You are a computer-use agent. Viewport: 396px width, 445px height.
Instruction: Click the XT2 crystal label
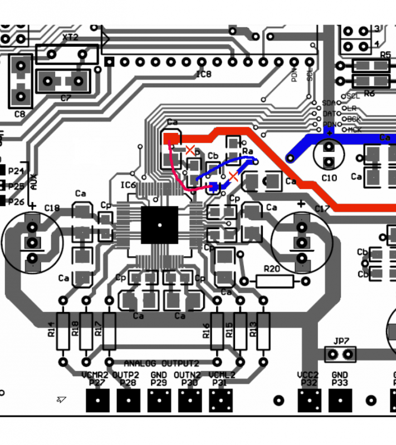click(x=70, y=37)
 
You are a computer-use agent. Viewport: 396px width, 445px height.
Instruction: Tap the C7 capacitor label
click(x=66, y=98)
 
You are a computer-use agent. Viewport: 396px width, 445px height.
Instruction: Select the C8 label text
click(x=19, y=114)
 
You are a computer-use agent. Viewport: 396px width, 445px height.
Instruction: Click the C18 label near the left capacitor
click(x=51, y=208)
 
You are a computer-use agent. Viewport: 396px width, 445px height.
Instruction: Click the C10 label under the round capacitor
click(x=329, y=178)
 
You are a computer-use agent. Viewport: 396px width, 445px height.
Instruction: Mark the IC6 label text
click(x=129, y=185)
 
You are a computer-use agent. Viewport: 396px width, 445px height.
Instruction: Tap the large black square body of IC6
click(x=159, y=225)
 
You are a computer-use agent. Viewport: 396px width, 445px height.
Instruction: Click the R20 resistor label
click(x=272, y=269)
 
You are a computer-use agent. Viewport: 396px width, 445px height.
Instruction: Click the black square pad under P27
click(x=98, y=400)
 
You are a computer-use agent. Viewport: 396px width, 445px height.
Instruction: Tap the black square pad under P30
click(x=190, y=400)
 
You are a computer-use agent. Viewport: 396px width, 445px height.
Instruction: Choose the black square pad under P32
click(x=309, y=400)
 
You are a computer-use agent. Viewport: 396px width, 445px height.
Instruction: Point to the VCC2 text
click(x=308, y=375)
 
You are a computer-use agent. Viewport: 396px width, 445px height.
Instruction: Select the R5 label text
click(x=385, y=55)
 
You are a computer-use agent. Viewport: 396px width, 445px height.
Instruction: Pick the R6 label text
click(x=369, y=93)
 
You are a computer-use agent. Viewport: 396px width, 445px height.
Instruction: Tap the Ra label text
click(x=248, y=151)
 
